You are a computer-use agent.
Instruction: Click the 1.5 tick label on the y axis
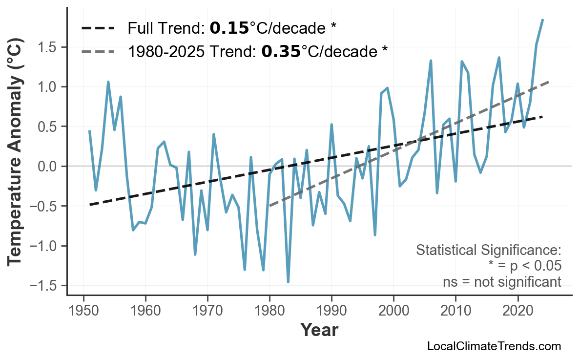(x=49, y=47)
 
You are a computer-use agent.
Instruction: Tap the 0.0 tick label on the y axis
(x=49, y=167)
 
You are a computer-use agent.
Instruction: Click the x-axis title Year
(x=319, y=330)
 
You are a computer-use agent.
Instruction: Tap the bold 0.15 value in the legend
(x=229, y=28)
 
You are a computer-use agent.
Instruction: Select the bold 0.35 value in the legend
(x=281, y=51)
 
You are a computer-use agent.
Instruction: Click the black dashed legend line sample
(x=98, y=28)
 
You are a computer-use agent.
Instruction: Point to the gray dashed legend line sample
(x=98, y=51)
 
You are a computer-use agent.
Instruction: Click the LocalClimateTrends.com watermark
(x=494, y=347)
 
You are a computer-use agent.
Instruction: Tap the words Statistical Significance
(x=488, y=251)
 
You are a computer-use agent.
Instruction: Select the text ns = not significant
(x=502, y=282)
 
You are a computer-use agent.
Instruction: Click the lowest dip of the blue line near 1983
(x=288, y=282)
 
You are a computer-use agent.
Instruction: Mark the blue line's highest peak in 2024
(x=542, y=20)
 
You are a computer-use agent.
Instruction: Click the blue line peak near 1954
(x=108, y=82)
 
